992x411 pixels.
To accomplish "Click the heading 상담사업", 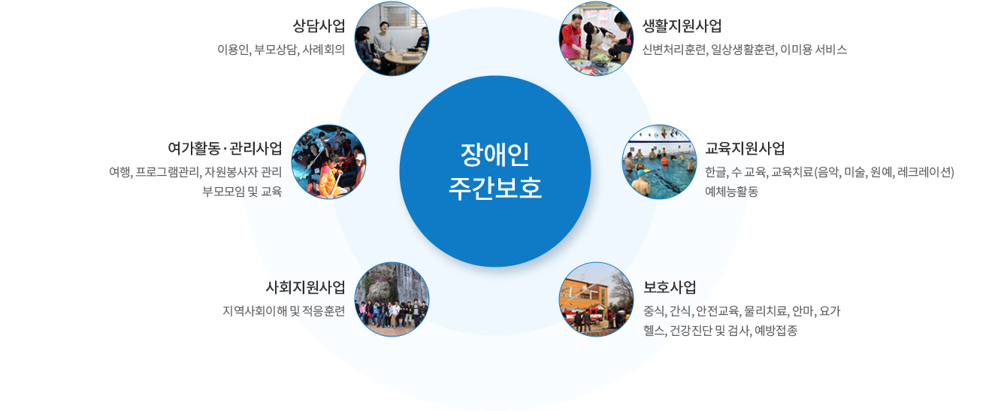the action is tap(319, 26).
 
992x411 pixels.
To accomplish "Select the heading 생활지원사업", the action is tap(682, 26).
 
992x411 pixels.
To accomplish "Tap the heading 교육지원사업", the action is tap(745, 148).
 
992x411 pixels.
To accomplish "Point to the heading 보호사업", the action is tap(670, 287).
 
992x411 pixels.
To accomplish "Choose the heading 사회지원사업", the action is tap(306, 287).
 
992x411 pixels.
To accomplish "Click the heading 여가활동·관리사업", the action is tap(225, 148).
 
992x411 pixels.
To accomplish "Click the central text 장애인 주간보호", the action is tap(495, 171).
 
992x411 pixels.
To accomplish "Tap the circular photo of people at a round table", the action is tap(392, 38).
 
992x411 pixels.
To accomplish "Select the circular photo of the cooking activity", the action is tap(596, 38).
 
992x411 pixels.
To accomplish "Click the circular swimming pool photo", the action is tap(659, 162).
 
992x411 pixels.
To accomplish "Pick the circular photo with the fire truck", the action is tap(596, 299).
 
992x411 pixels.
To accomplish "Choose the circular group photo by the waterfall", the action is tap(392, 299).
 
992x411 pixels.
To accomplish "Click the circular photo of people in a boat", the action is tap(328, 162).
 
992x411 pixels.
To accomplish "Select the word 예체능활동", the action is tap(732, 192).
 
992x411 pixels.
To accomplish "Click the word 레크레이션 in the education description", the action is tap(926, 172).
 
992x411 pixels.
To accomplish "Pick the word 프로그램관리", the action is tap(168, 172).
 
